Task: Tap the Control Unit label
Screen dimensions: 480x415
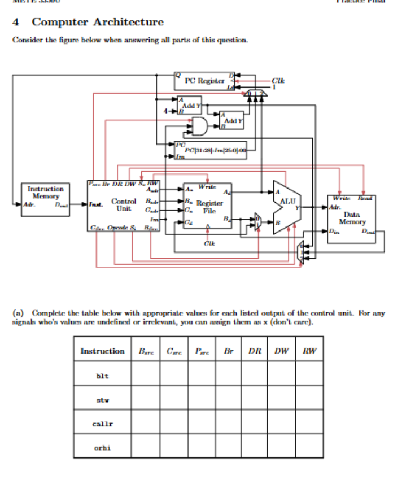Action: (121, 204)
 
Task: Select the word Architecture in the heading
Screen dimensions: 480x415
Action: (128, 23)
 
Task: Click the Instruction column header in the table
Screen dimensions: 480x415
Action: (102, 351)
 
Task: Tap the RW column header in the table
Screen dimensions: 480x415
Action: (309, 351)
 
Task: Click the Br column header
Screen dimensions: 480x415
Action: (229, 351)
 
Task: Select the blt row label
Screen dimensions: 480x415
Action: (102, 375)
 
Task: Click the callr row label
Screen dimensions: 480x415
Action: (102, 423)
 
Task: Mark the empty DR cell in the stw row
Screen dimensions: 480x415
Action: (255, 399)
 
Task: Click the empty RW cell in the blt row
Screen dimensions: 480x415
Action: (309, 375)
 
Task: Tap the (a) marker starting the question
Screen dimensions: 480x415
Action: (18, 312)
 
